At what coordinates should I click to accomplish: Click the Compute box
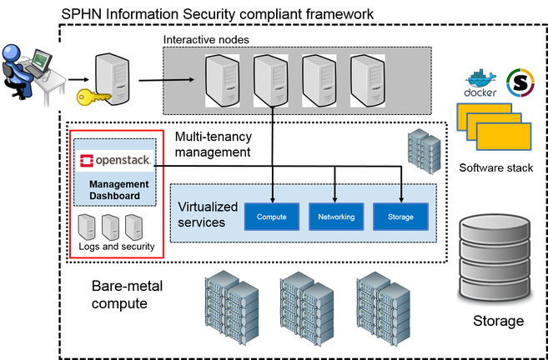(272, 217)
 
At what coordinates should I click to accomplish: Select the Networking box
(336, 217)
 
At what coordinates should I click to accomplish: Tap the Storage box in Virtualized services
(400, 217)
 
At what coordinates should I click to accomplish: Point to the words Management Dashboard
(118, 190)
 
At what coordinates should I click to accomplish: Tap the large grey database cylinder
(493, 257)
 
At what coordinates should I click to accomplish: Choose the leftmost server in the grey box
(222, 80)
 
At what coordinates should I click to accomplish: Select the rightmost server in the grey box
(367, 80)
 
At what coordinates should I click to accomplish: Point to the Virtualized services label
(208, 214)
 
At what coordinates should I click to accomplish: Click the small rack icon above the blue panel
(420, 152)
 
